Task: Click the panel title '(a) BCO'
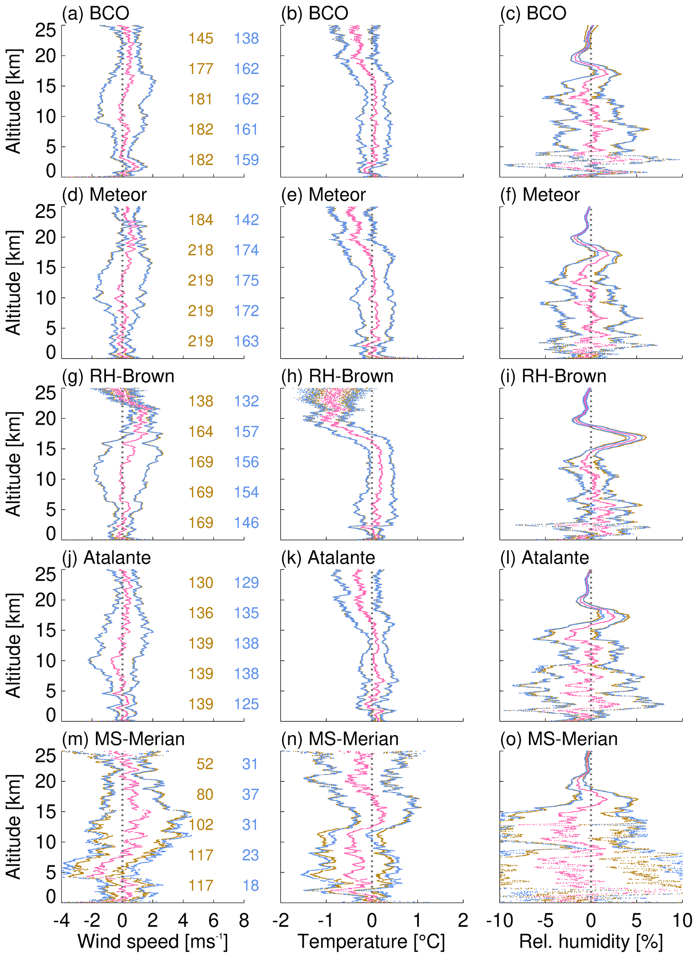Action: point(96,14)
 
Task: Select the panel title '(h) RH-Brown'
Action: point(337,377)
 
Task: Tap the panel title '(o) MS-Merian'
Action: point(559,739)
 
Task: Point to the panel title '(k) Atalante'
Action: point(328,558)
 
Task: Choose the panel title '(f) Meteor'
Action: point(540,195)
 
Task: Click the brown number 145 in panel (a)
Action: point(201,38)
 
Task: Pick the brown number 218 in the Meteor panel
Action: point(201,250)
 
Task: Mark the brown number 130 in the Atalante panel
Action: point(201,583)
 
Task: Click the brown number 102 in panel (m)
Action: point(201,825)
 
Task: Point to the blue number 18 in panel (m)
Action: point(250,885)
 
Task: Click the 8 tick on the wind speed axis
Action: point(244,921)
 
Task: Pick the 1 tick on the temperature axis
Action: point(417,921)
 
